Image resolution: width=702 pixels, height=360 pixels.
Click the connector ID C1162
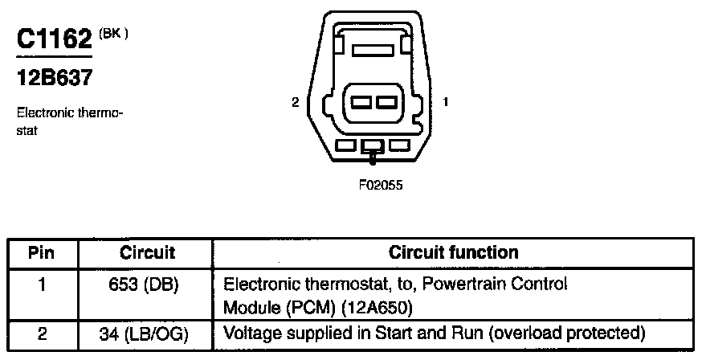tap(54, 40)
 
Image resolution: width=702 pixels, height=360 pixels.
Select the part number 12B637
tap(54, 79)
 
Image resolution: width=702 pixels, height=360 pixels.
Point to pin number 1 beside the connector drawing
tap(445, 102)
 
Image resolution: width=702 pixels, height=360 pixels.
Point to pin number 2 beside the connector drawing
tap(296, 102)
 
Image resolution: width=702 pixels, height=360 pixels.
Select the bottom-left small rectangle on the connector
tap(346, 146)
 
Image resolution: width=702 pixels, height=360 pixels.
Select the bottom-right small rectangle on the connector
tap(398, 146)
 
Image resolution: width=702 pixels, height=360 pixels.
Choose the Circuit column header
tap(147, 252)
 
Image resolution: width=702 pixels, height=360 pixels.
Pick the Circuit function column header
tap(453, 252)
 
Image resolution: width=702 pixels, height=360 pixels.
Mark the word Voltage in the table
tap(247, 333)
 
